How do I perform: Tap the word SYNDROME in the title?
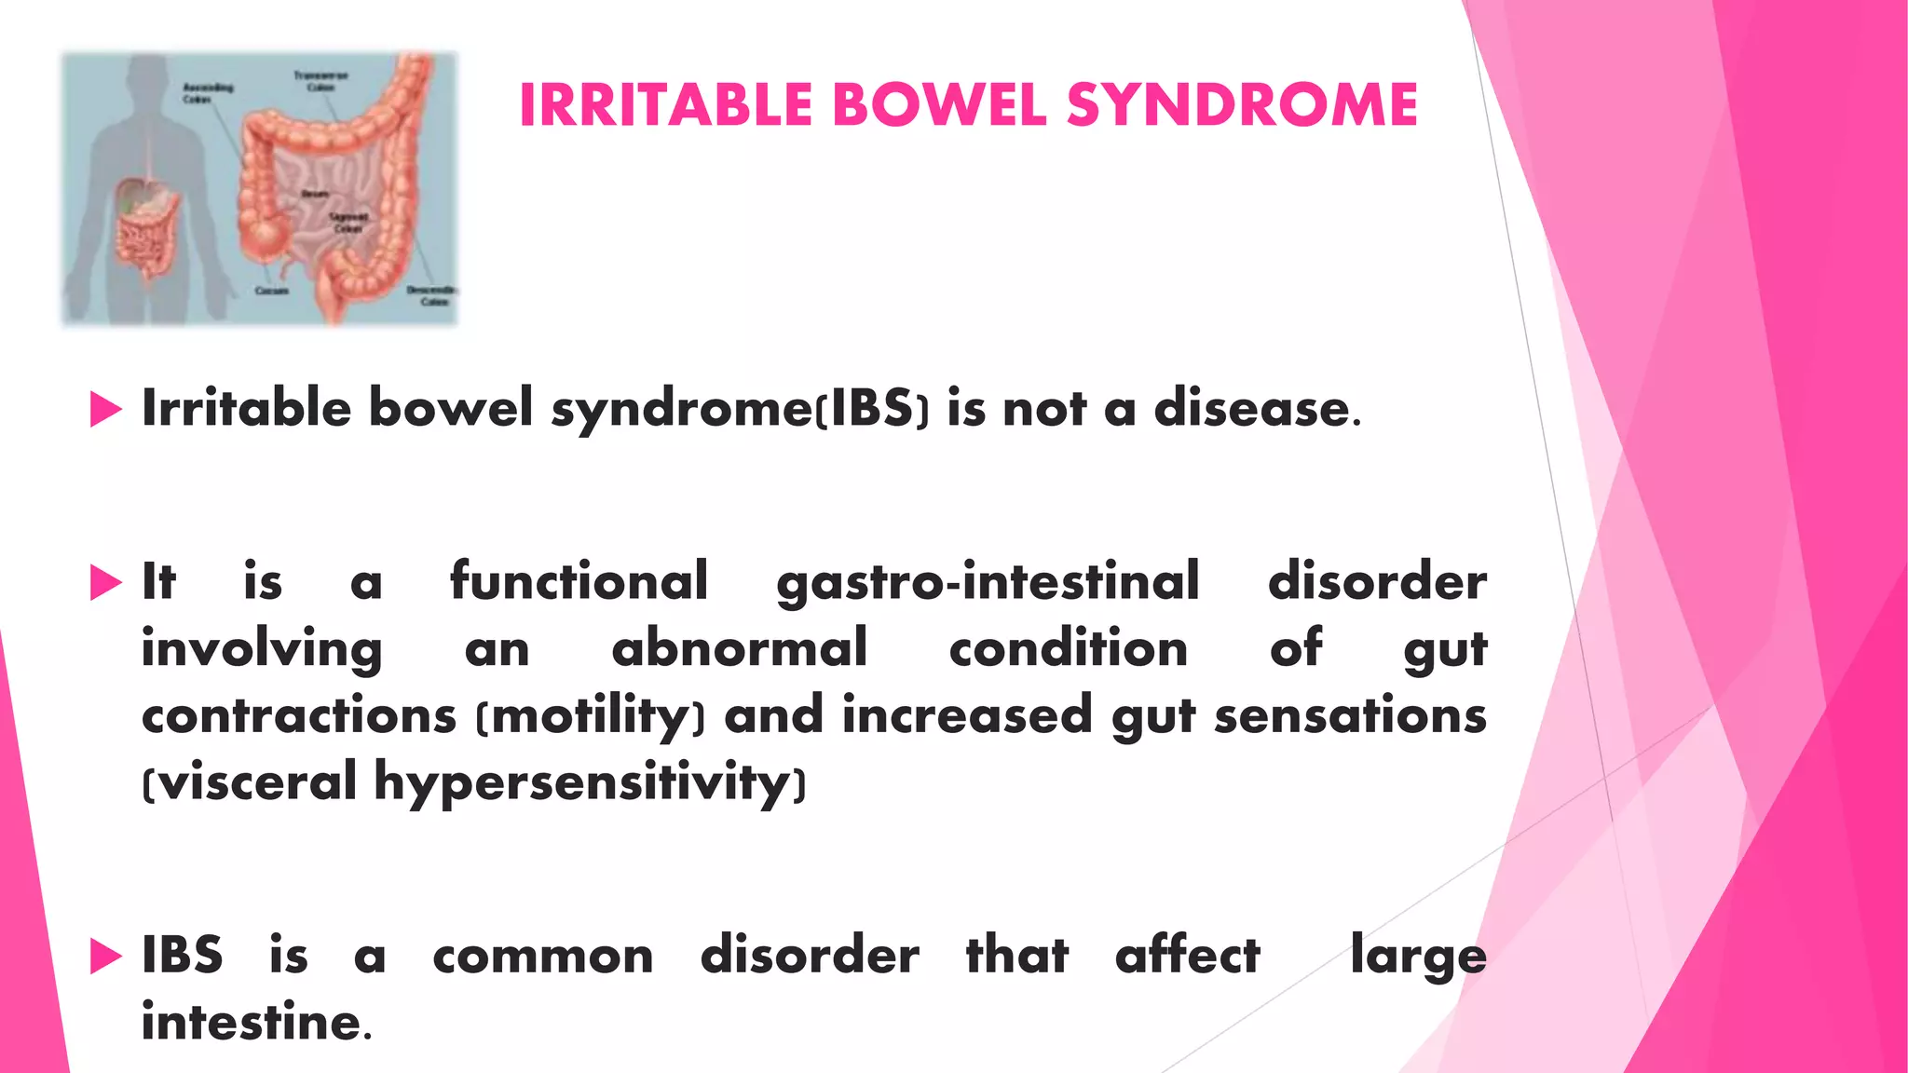point(1242,104)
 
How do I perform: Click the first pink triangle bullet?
point(105,410)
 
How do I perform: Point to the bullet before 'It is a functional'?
point(105,583)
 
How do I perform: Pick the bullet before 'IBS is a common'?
point(105,957)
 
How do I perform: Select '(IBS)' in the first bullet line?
point(872,410)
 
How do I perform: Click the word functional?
point(579,581)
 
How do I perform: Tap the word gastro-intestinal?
point(988,583)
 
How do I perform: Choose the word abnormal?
point(739,648)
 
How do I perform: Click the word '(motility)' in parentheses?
point(591,717)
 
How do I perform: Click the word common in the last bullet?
point(543,957)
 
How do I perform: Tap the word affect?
point(1187,956)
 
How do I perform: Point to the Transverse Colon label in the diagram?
point(320,81)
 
